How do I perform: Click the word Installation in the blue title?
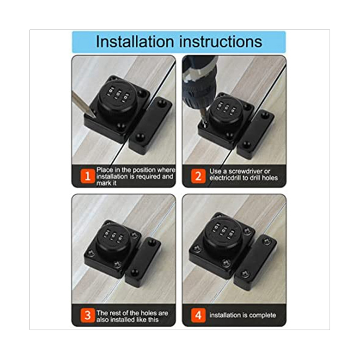pyautogui.click(x=135, y=42)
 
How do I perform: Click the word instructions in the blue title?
pyautogui.click(x=220, y=42)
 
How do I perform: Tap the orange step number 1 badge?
pyautogui.click(x=88, y=176)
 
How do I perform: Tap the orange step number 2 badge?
pyautogui.click(x=198, y=176)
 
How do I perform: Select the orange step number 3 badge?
pyautogui.click(x=88, y=315)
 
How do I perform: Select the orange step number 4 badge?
pyautogui.click(x=198, y=315)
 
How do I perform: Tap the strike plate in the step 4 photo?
pyautogui.click(x=255, y=263)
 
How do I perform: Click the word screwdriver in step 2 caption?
pyautogui.click(x=246, y=171)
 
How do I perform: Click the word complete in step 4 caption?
pyautogui.click(x=263, y=315)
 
